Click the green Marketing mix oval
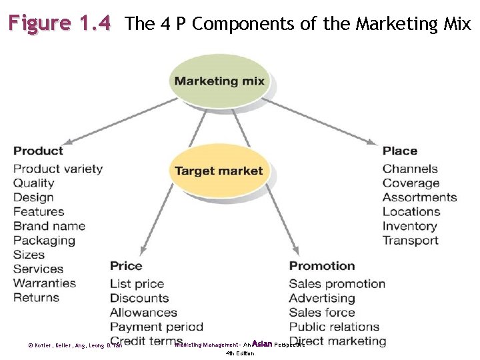click(219, 81)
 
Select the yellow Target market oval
click(219, 171)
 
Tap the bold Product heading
click(38, 151)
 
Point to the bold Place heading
click(400, 151)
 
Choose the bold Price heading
click(126, 266)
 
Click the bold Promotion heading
click(322, 266)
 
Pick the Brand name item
click(49, 226)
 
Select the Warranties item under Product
click(45, 283)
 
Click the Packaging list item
click(44, 241)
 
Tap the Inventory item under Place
click(409, 226)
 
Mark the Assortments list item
click(419, 197)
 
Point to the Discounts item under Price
click(139, 298)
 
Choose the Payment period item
click(157, 327)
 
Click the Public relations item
click(334, 327)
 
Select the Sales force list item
click(322, 312)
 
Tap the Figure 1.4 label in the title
click(59, 24)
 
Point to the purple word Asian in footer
click(262, 344)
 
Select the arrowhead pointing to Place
click(373, 141)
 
